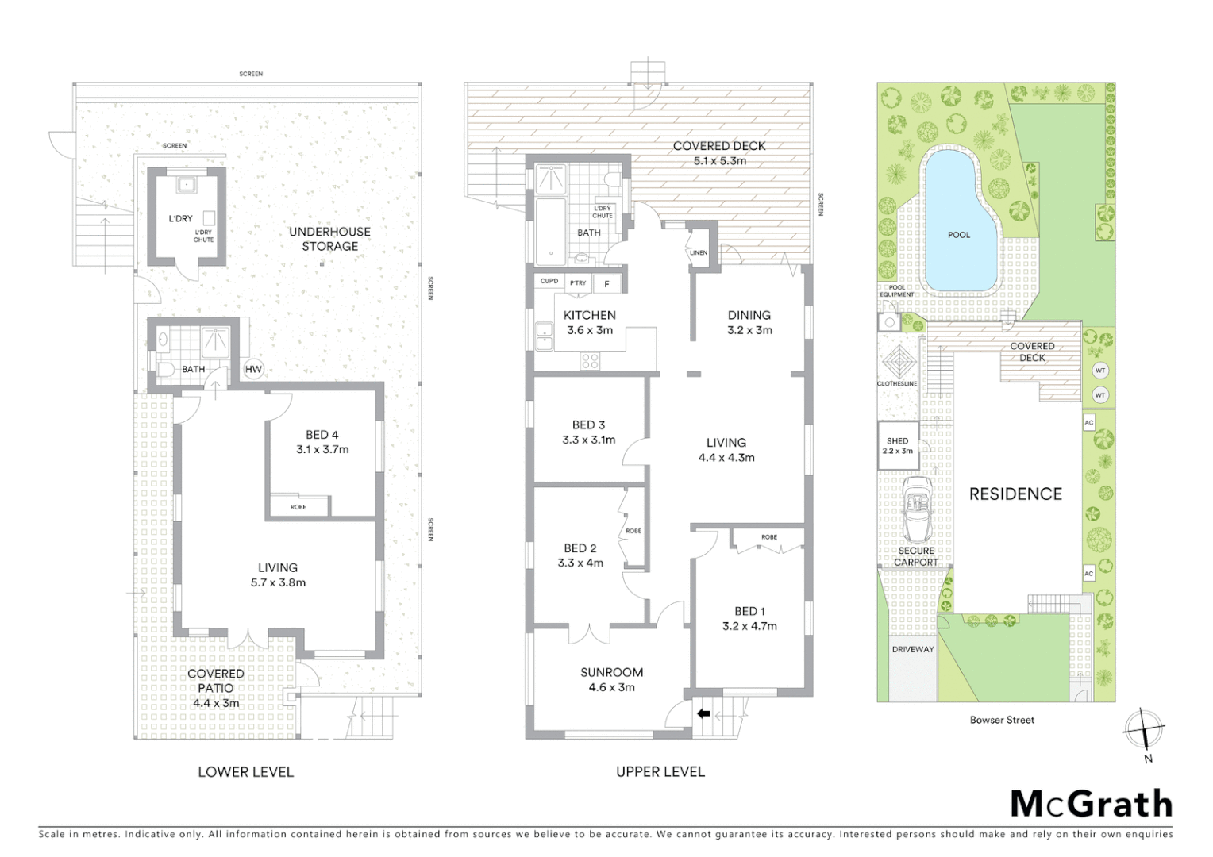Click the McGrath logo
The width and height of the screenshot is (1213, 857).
pos(1092,804)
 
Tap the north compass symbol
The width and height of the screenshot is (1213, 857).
pos(1144,728)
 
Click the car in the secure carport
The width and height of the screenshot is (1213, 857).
pos(917,508)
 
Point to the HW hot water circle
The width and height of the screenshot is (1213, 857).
pos(253,369)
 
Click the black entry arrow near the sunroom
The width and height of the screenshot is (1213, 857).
pos(703,713)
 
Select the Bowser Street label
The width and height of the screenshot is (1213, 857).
pos(1002,720)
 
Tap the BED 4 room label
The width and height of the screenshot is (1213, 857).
pos(322,442)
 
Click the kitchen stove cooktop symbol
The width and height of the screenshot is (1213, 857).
pos(590,361)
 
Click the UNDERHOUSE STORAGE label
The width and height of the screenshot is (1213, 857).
pos(329,239)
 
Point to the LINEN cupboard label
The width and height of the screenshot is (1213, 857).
pos(699,252)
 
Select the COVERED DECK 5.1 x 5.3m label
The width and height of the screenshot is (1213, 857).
pos(719,153)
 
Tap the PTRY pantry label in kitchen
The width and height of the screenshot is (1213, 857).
pos(578,282)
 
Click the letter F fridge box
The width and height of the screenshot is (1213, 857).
pos(607,283)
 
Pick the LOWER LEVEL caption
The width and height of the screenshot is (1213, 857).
pos(245,771)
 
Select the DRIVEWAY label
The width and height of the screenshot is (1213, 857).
pos(913,649)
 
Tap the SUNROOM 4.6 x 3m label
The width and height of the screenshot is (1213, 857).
pos(611,680)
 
